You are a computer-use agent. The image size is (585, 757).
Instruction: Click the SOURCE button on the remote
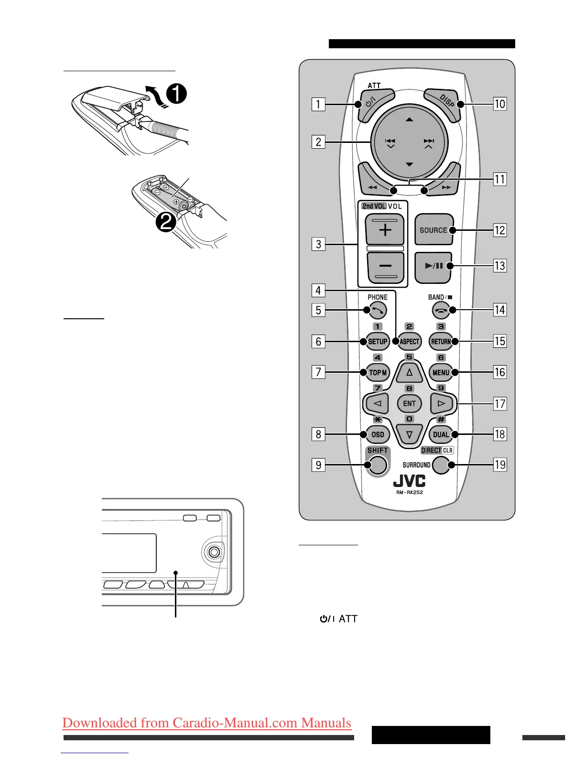pyautogui.click(x=433, y=230)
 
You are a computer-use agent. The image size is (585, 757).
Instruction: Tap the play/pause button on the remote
pyautogui.click(x=433, y=266)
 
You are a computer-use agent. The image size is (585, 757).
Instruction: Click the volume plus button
pyautogui.click(x=385, y=230)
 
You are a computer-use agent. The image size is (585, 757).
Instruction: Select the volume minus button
pyautogui.click(x=385, y=267)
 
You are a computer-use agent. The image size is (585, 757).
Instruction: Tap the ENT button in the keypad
pyautogui.click(x=409, y=403)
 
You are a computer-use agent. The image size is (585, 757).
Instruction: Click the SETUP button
pyautogui.click(x=378, y=342)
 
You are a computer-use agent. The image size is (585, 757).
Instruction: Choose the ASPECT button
pyautogui.click(x=409, y=342)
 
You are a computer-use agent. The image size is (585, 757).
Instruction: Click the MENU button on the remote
pyautogui.click(x=441, y=372)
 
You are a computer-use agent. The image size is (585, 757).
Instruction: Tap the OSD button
pyautogui.click(x=378, y=434)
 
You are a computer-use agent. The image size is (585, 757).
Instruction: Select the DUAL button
pyautogui.click(x=441, y=434)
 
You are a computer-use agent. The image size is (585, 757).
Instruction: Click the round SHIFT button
pyautogui.click(x=378, y=465)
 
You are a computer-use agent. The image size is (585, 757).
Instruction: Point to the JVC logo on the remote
pyautogui.click(x=409, y=481)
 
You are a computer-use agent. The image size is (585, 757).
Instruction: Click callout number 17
pyautogui.click(x=500, y=404)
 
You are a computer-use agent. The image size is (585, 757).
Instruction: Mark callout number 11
pyautogui.click(x=500, y=179)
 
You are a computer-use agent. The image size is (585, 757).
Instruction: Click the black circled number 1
pyautogui.click(x=176, y=94)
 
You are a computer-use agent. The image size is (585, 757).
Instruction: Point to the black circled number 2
pyautogui.click(x=165, y=222)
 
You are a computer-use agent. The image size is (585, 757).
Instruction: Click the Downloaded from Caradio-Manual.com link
pyautogui.click(x=206, y=723)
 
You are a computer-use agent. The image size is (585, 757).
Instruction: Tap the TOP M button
pyautogui.click(x=378, y=372)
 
